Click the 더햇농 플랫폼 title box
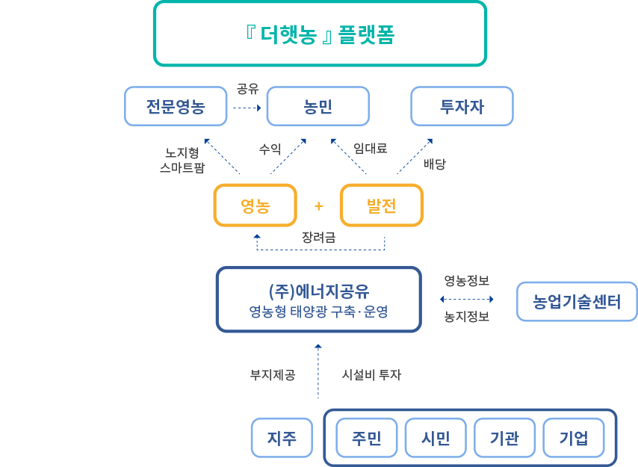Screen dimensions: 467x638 [x=320, y=34]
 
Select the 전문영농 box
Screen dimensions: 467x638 [x=176, y=106]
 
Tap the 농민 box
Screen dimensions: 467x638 [x=318, y=106]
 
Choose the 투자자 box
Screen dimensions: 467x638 [x=462, y=106]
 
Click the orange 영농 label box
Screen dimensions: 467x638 [x=255, y=205]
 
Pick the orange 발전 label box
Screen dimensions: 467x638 [x=381, y=205]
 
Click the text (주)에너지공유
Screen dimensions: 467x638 [x=319, y=291]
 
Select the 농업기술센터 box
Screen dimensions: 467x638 [x=577, y=301]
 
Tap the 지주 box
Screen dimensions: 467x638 [x=282, y=439]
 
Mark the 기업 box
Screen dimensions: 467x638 [x=574, y=439]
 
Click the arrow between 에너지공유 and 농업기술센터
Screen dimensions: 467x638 [x=468, y=298]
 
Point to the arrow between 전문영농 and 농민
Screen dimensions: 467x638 [x=247, y=107]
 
